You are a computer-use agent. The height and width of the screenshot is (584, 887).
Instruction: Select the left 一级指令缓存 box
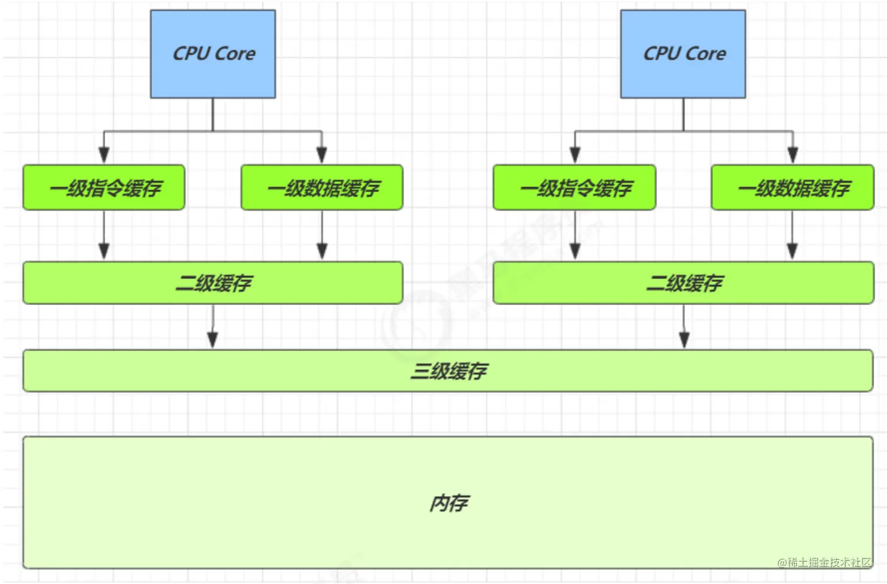point(104,188)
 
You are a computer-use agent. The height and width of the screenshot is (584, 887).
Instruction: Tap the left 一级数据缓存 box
point(322,188)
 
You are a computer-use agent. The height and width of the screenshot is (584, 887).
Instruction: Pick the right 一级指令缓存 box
point(575,188)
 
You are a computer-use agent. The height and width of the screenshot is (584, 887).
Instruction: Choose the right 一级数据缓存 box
point(793,188)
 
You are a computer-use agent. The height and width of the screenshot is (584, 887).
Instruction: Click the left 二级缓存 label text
point(214,283)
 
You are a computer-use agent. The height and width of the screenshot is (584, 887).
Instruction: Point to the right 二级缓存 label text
point(684,283)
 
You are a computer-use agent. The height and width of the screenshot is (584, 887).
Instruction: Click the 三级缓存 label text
point(449,371)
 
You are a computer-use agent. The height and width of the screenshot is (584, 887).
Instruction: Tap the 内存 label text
point(449,503)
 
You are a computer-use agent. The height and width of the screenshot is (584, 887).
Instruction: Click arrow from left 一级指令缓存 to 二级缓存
point(104,235)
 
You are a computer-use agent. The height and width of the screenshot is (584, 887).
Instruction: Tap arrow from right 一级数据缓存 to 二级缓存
point(793,235)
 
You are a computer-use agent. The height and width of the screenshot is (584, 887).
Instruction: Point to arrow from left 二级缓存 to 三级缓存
point(213,326)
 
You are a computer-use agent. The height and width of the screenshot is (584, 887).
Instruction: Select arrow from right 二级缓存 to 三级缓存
point(684,326)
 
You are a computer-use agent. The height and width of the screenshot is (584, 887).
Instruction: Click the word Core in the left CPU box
point(236,53)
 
